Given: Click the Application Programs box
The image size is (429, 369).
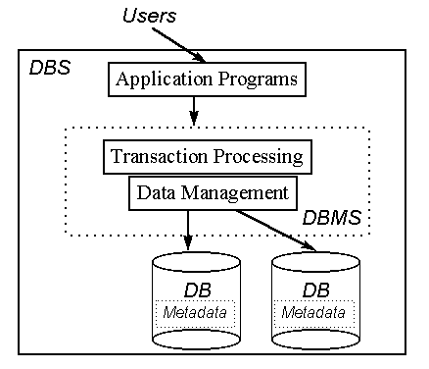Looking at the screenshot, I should [x=206, y=79].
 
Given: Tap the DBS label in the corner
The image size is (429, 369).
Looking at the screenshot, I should [x=49, y=70].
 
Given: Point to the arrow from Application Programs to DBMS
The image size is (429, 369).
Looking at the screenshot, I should [x=195, y=109].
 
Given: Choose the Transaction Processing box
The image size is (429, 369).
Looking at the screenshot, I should [x=206, y=156].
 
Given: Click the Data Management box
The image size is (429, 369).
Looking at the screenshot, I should [x=212, y=192].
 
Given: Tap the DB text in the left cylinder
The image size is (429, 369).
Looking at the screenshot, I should [x=197, y=291].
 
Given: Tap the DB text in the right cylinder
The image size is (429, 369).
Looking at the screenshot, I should [x=315, y=290].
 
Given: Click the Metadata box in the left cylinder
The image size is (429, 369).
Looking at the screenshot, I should [x=196, y=313].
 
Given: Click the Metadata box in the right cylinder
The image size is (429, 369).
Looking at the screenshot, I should [x=314, y=313].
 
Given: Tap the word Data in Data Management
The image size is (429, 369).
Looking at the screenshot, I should [x=154, y=192].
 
